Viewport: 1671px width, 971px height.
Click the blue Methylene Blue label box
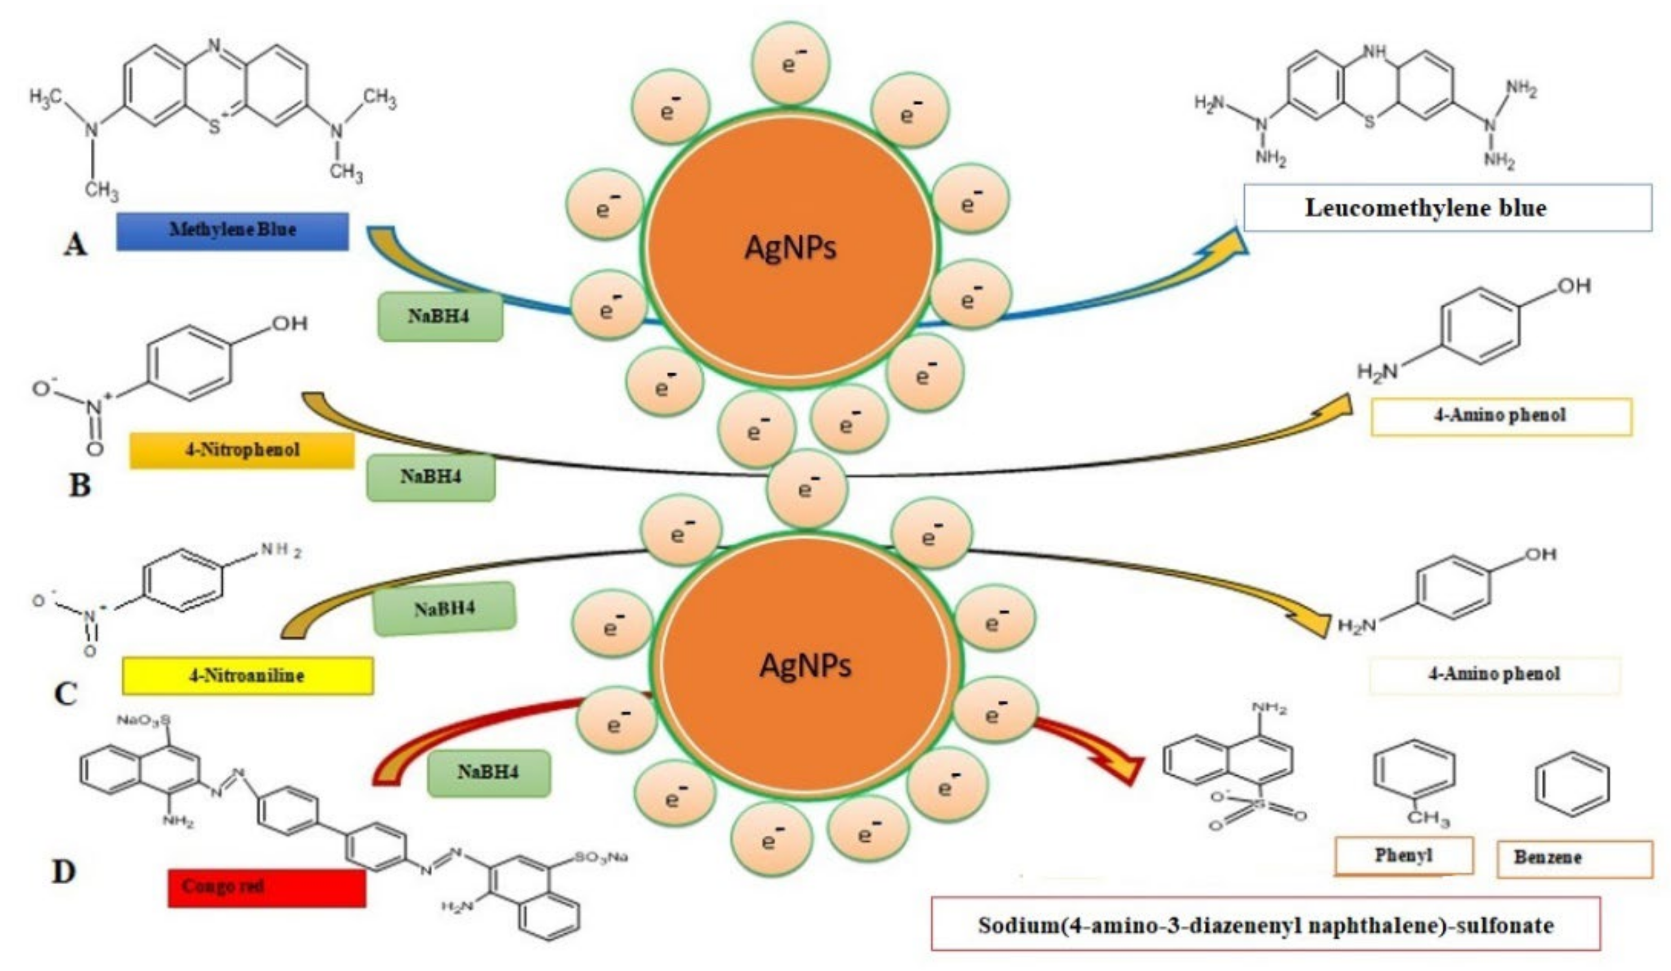[x=232, y=231]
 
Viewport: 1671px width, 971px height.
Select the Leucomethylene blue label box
[x=1447, y=208]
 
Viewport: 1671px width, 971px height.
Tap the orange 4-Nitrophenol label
[x=241, y=451]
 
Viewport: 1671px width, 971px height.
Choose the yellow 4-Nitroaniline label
[x=247, y=676]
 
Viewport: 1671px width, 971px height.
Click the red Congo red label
[x=266, y=888]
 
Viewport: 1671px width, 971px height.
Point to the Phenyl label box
[x=1403, y=855]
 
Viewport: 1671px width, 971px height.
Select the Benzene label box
[x=1574, y=858]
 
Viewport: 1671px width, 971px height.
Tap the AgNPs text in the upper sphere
[x=790, y=248]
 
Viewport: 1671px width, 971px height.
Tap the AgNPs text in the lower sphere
[x=805, y=665]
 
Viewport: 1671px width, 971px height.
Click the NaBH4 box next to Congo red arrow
[x=488, y=773]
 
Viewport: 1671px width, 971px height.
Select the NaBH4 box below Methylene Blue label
[x=440, y=316]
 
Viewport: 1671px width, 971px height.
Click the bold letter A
[x=75, y=246]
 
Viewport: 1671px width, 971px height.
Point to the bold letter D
[x=64, y=872]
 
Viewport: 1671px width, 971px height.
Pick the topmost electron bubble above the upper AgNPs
[x=790, y=64]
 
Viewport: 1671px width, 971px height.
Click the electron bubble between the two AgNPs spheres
[x=806, y=489]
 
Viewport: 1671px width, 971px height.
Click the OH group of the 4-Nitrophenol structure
[x=290, y=323]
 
